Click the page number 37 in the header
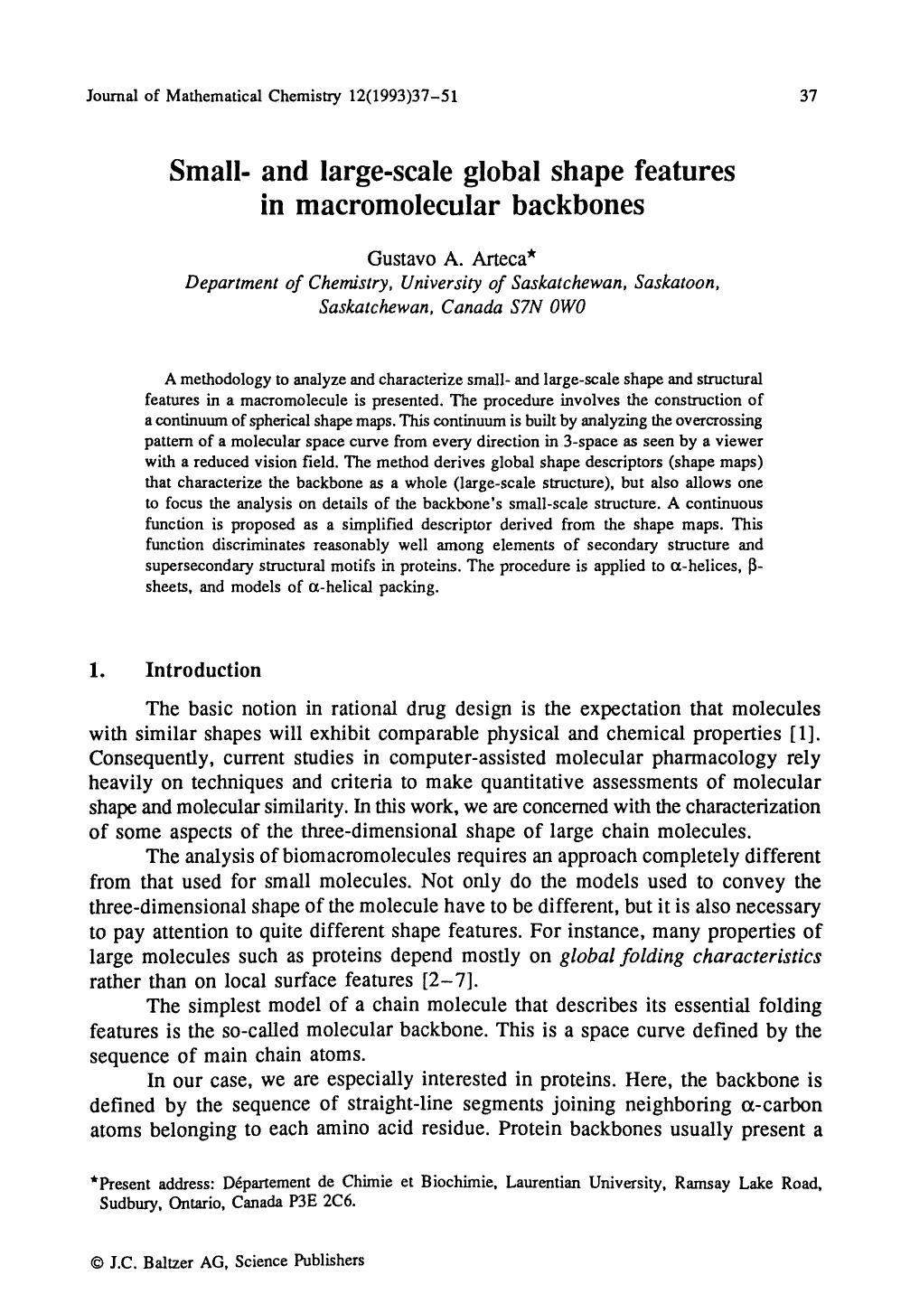tap(809, 96)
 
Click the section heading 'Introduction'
tap(202, 670)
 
